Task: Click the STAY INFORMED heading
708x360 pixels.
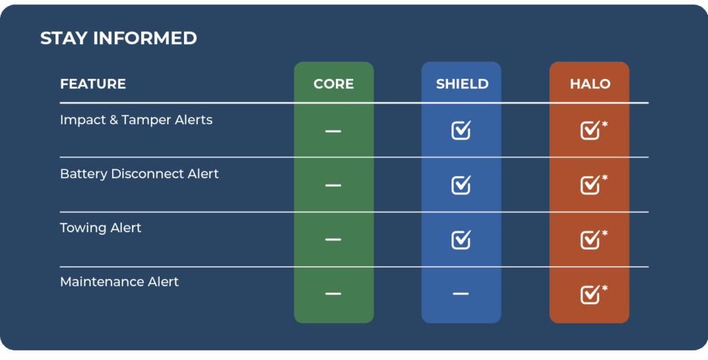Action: (118, 38)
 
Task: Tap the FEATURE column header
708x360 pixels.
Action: (93, 84)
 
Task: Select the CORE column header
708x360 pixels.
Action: (334, 84)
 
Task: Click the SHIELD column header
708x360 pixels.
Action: (462, 84)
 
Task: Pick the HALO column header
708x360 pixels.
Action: (590, 84)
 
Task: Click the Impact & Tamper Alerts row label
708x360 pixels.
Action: (136, 120)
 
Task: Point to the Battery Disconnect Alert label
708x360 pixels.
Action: (139, 174)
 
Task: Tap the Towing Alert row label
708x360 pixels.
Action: (101, 228)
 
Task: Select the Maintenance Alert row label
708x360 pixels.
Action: (119, 282)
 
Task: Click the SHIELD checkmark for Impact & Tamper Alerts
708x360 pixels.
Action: (461, 130)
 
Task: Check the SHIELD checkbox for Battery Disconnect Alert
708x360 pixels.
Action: (461, 184)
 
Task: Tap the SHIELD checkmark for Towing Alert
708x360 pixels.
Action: (461, 239)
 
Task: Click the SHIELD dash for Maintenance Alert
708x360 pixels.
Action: (461, 294)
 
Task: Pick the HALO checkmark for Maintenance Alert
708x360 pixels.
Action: (590, 294)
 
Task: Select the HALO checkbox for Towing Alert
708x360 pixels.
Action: (590, 239)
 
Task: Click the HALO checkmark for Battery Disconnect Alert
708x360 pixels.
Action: (590, 184)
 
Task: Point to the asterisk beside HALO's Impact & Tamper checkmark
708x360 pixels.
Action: (605, 124)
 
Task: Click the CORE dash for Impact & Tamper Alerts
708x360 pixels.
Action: (333, 131)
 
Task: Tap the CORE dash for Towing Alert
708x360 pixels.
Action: (333, 239)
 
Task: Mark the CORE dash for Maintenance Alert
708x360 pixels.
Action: (333, 294)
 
